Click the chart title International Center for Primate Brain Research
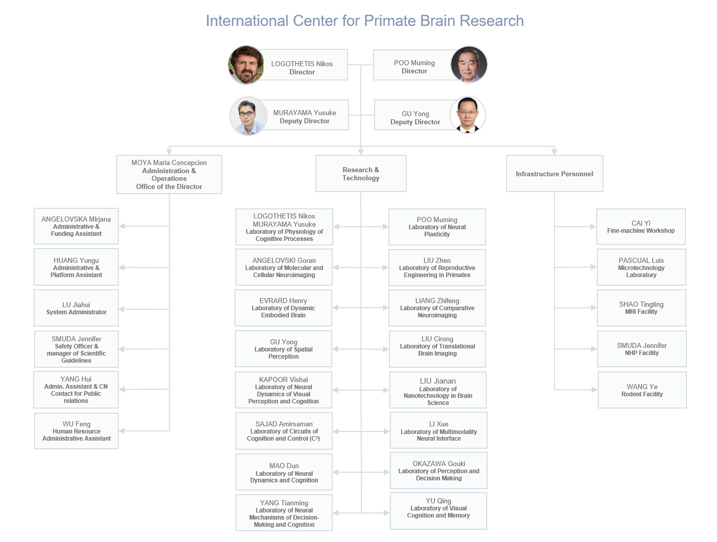tap(364, 21)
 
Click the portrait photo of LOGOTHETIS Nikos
tap(246, 65)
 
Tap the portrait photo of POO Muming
tap(469, 64)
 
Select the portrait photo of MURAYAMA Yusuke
tap(249, 116)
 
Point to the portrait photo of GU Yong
tap(467, 115)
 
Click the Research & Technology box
tap(361, 174)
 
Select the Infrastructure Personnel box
tap(554, 174)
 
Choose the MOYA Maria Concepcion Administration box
tap(169, 174)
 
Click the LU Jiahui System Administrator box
tap(76, 308)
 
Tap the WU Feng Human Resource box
tap(76, 431)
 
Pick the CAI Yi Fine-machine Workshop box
tap(641, 227)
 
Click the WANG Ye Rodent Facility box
tap(642, 390)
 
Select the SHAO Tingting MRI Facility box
tap(641, 308)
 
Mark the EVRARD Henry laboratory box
tap(283, 308)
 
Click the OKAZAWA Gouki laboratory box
tap(439, 471)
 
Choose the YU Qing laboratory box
tap(438, 511)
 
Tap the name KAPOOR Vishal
tap(283, 380)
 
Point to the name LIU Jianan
tap(438, 381)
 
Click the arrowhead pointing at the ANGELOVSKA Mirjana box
tap(122, 226)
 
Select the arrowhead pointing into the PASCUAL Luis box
tap(593, 267)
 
